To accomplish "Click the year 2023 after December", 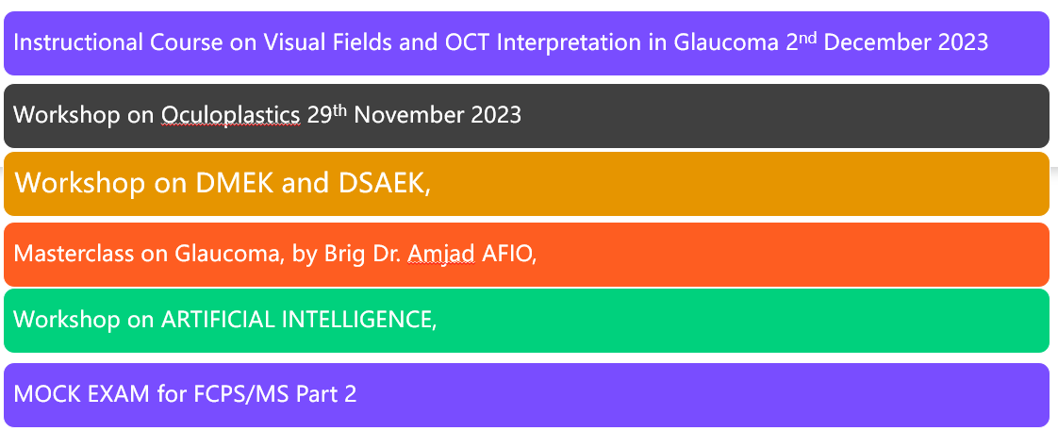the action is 963,42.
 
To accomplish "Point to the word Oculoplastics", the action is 230,115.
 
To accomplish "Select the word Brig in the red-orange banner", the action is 344,255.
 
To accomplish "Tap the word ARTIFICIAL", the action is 217,320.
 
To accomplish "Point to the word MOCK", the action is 44,394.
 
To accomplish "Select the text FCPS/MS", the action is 243,394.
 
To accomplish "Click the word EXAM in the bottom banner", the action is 116,394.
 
